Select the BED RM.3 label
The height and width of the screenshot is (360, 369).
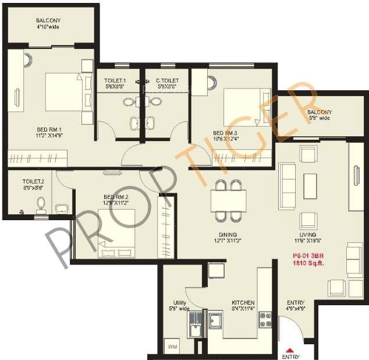225,133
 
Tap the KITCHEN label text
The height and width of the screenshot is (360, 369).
243,303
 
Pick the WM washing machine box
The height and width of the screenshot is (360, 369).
172,347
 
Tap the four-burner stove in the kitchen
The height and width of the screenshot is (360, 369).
265,320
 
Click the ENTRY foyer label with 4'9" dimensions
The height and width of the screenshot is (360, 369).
295,303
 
